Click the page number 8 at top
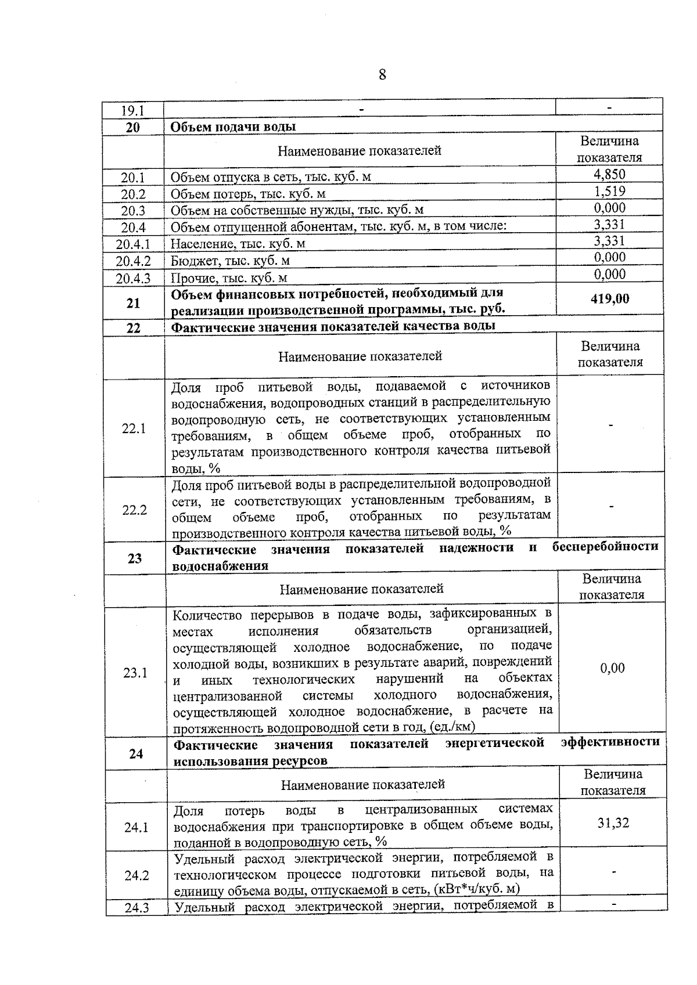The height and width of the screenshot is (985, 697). click(382, 75)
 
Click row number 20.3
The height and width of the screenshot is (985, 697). click(133, 211)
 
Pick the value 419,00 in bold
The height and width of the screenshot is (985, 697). click(609, 299)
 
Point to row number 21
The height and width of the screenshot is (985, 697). click(134, 303)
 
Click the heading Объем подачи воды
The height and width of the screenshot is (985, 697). click(233, 127)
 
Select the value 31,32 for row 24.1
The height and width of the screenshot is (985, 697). click(613, 823)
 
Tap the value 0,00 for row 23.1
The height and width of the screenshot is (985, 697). click(612, 668)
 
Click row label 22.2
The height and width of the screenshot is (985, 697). click(134, 510)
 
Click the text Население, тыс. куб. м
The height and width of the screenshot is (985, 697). click(238, 244)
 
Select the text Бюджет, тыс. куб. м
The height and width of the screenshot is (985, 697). click(230, 261)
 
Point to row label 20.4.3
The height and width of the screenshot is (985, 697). click(133, 279)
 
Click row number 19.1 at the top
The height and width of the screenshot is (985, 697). click(132, 110)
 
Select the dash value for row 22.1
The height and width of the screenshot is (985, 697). click(610, 425)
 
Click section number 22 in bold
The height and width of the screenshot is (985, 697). click(134, 328)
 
